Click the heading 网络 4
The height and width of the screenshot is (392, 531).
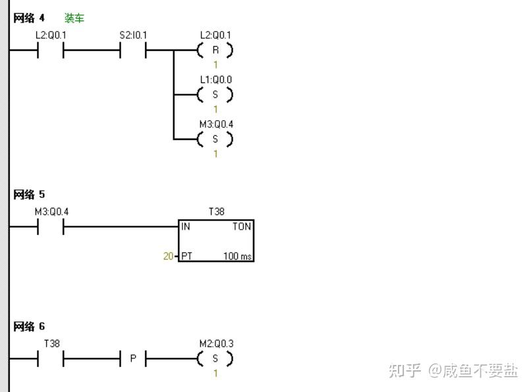(29, 18)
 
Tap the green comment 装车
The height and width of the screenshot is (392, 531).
(74, 18)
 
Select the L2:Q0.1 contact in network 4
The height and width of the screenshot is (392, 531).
(51, 51)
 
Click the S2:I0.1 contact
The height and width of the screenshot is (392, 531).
(133, 51)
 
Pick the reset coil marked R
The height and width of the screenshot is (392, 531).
(215, 50)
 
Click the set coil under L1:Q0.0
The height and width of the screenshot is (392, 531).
(215, 95)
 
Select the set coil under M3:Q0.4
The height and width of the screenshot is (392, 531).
(215, 139)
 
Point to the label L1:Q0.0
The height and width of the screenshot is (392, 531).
(216, 80)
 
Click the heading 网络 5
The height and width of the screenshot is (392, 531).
(29, 195)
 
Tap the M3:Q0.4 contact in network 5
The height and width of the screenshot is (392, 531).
(51, 228)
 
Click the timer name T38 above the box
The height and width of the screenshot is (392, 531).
(216, 212)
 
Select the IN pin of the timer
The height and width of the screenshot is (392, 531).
(186, 227)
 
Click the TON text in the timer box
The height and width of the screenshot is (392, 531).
(241, 227)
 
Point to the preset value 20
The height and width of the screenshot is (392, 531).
(169, 256)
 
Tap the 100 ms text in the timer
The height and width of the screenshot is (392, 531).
(237, 256)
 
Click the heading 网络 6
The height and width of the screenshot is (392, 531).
(29, 327)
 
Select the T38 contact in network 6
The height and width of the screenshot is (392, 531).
(51, 360)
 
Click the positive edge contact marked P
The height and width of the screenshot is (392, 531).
(133, 360)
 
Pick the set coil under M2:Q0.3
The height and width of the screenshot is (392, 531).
(215, 360)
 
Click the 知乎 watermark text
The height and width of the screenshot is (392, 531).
(404, 370)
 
